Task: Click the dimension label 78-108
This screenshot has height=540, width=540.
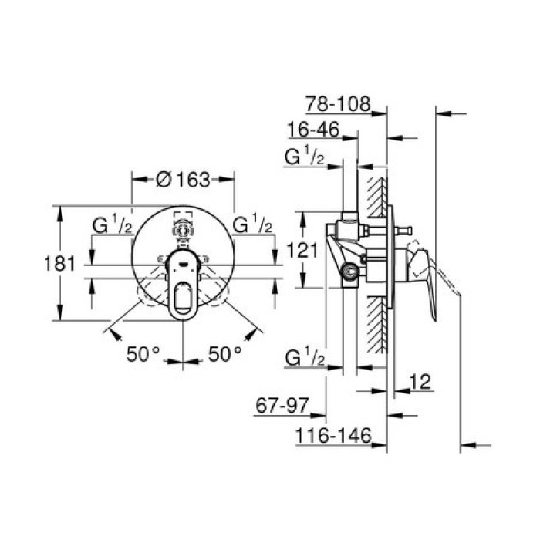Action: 338,103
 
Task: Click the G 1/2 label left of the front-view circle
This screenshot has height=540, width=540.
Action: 112,224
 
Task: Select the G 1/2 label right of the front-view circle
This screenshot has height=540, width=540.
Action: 252,224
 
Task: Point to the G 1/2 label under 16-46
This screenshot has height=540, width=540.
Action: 303,158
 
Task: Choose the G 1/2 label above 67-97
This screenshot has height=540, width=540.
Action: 303,357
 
